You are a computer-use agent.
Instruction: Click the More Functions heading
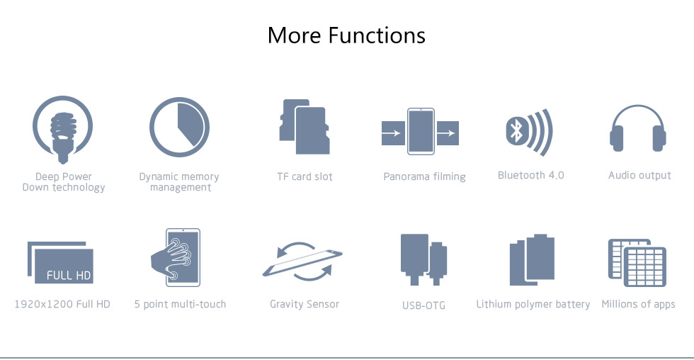pyautogui.click(x=346, y=35)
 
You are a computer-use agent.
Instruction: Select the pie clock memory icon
pyautogui.click(x=179, y=127)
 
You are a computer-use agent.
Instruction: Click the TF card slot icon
pyautogui.click(x=305, y=127)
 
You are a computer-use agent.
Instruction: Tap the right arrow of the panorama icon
pyautogui.click(x=448, y=133)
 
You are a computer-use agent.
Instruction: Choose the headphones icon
pyautogui.click(x=638, y=128)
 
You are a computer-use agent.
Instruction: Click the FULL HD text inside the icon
pyautogui.click(x=69, y=276)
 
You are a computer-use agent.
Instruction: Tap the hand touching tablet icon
pyautogui.click(x=176, y=257)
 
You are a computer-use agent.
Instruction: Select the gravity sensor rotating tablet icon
pyautogui.click(x=303, y=261)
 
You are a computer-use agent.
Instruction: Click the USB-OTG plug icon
pyautogui.click(x=423, y=259)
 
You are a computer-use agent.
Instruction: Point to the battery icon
pyautogui.click(x=532, y=259)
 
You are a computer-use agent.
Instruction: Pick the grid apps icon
pyautogui.click(x=637, y=263)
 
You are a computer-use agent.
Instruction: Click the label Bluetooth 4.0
pyautogui.click(x=530, y=175)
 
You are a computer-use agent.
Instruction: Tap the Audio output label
pyautogui.click(x=639, y=175)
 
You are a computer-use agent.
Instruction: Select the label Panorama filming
pyautogui.click(x=424, y=176)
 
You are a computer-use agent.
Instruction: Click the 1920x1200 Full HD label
pyautogui.click(x=62, y=304)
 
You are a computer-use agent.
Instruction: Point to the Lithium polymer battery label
pyautogui.click(x=533, y=304)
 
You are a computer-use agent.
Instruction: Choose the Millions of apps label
pyautogui.click(x=638, y=304)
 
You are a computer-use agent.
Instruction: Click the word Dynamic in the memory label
pyautogui.click(x=157, y=177)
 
